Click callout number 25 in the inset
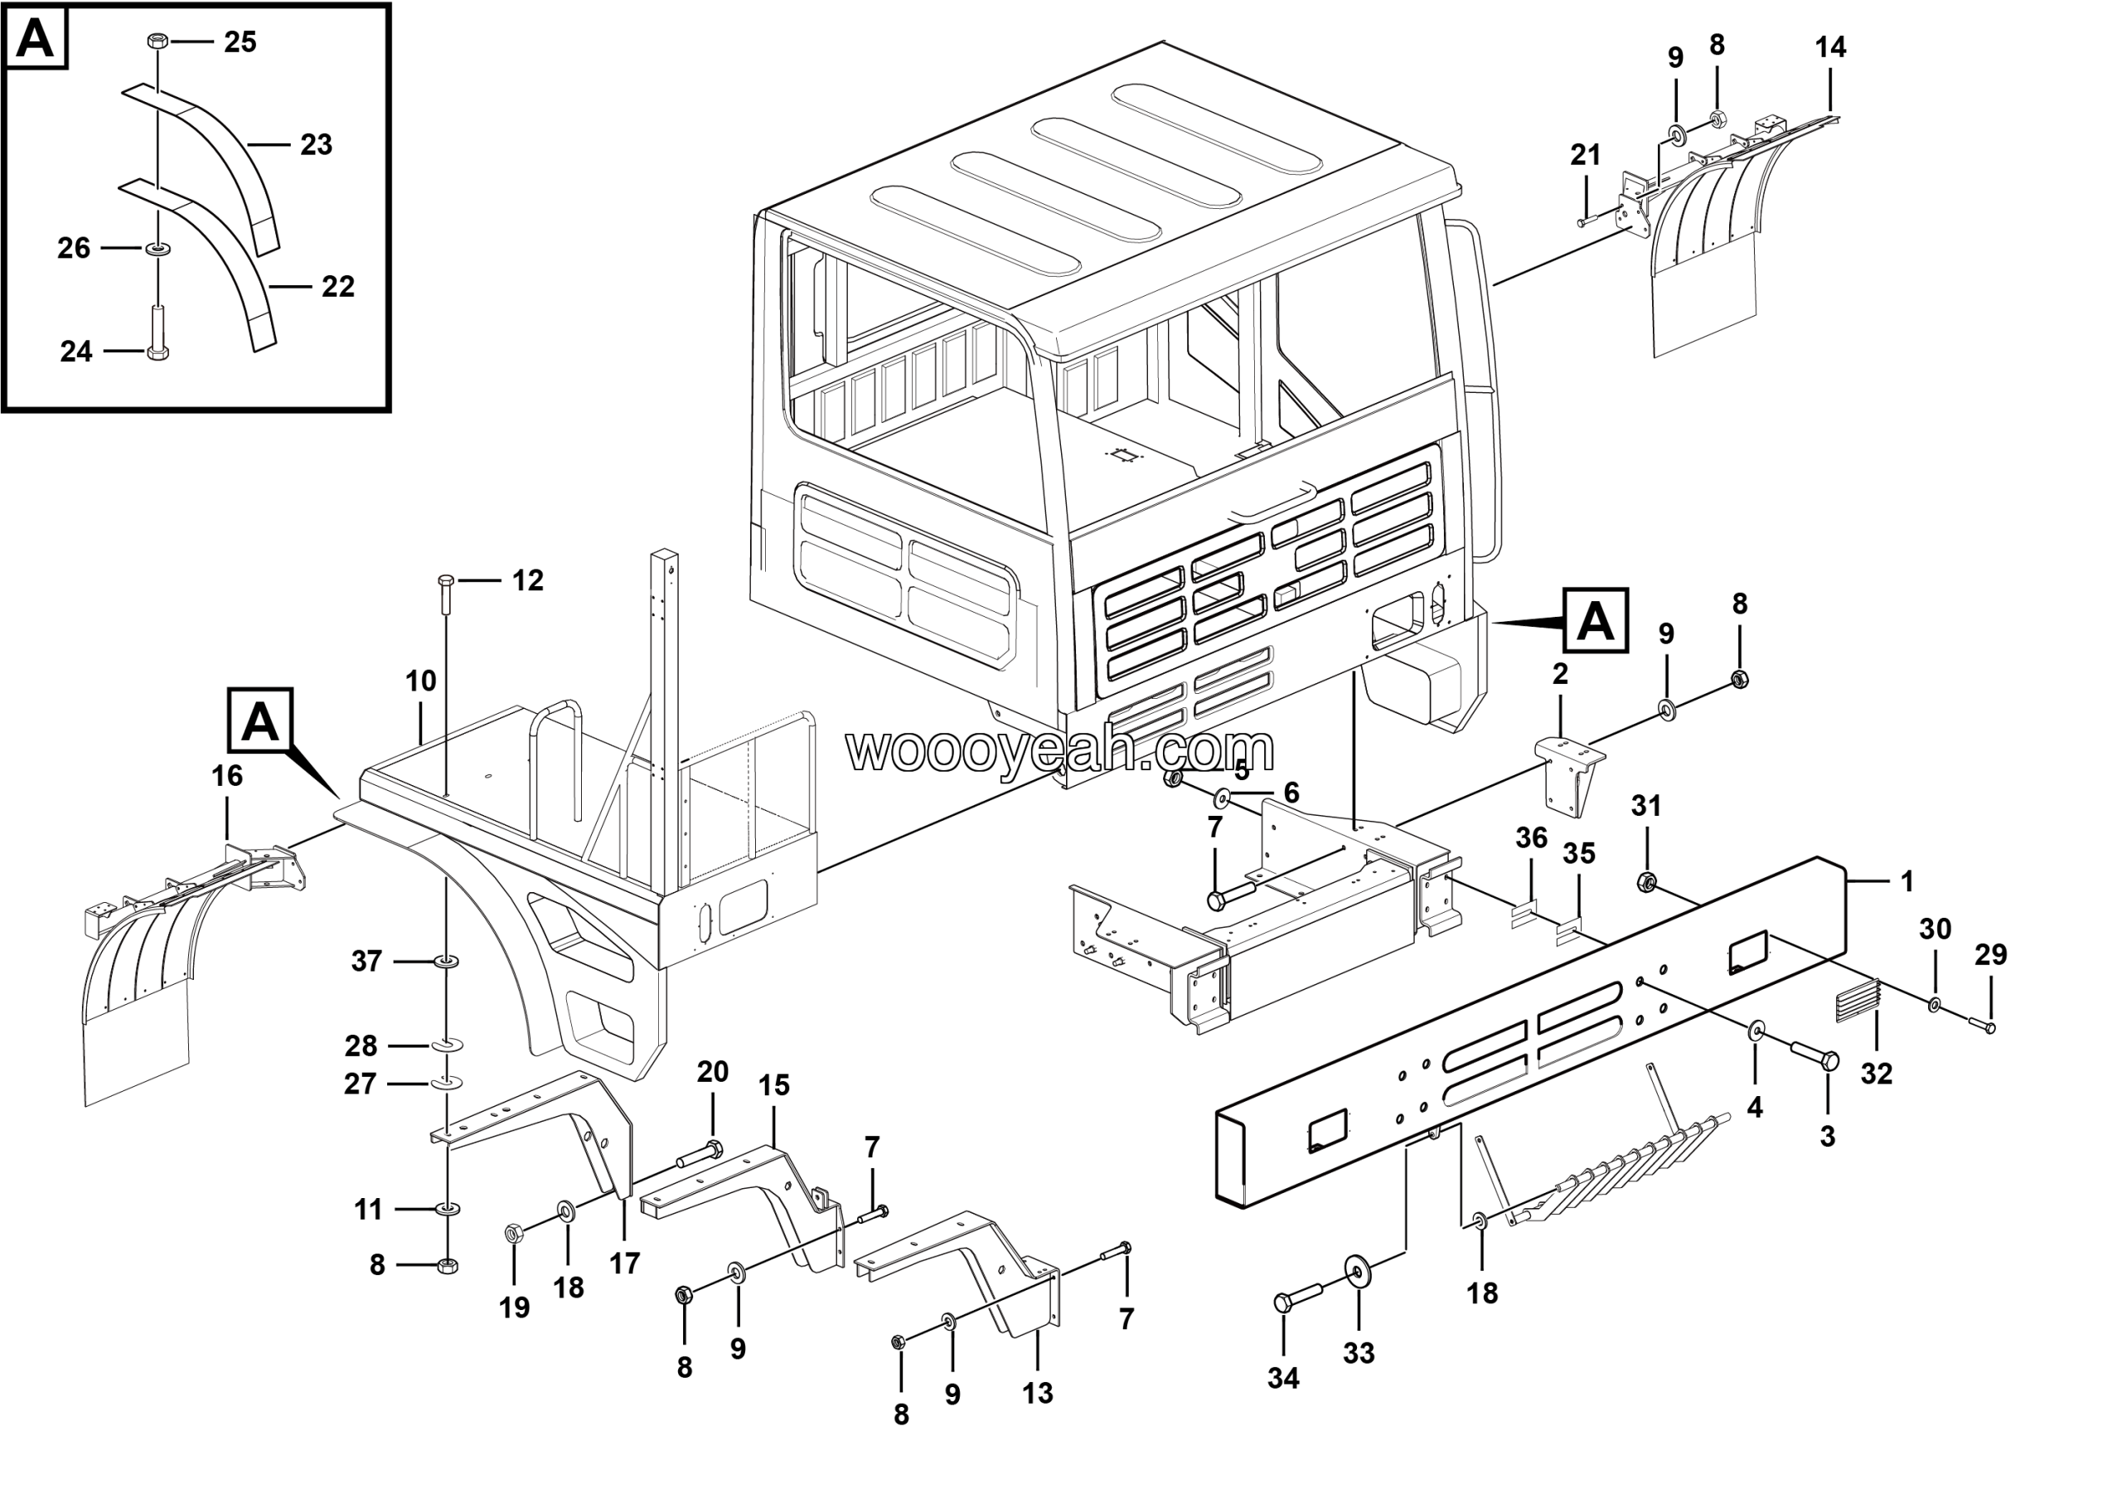(240, 42)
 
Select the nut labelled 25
(157, 41)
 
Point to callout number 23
(316, 145)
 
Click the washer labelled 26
(158, 248)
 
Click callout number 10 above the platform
(420, 682)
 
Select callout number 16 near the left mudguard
(227, 775)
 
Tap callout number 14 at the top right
(1831, 47)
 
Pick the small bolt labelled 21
(1588, 221)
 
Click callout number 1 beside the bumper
(1906, 881)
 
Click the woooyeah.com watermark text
(1060, 750)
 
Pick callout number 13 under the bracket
(1037, 1393)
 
